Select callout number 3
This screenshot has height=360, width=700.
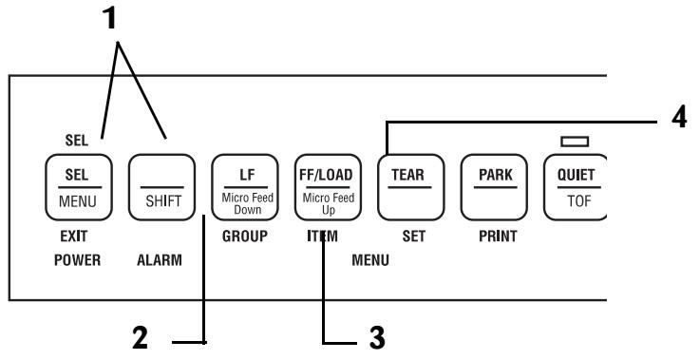point(378,334)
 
